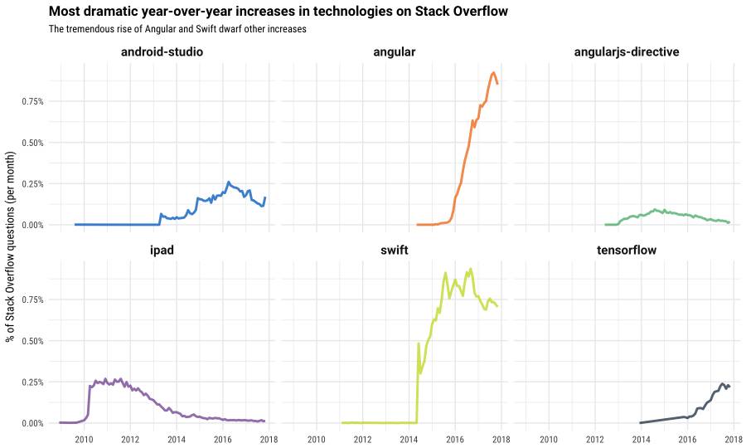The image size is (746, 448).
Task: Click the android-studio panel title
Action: pyautogui.click(x=162, y=52)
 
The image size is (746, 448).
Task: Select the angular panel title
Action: pyautogui.click(x=394, y=52)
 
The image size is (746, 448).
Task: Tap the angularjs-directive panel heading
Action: pyautogui.click(x=627, y=52)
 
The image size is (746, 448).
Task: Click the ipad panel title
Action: pyautogui.click(x=162, y=250)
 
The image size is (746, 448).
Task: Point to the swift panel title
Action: pyautogui.click(x=394, y=250)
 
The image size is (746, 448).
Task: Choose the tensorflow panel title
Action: pyautogui.click(x=627, y=250)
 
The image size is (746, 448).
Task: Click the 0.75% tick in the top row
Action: pyautogui.click(x=31, y=101)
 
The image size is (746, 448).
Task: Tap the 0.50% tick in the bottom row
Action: pyautogui.click(x=31, y=341)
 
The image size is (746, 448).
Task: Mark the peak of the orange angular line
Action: pyautogui.click(x=494, y=72)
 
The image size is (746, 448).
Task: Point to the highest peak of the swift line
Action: pyautogui.click(x=471, y=269)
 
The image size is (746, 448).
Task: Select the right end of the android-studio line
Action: pyautogui.click(x=265, y=197)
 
